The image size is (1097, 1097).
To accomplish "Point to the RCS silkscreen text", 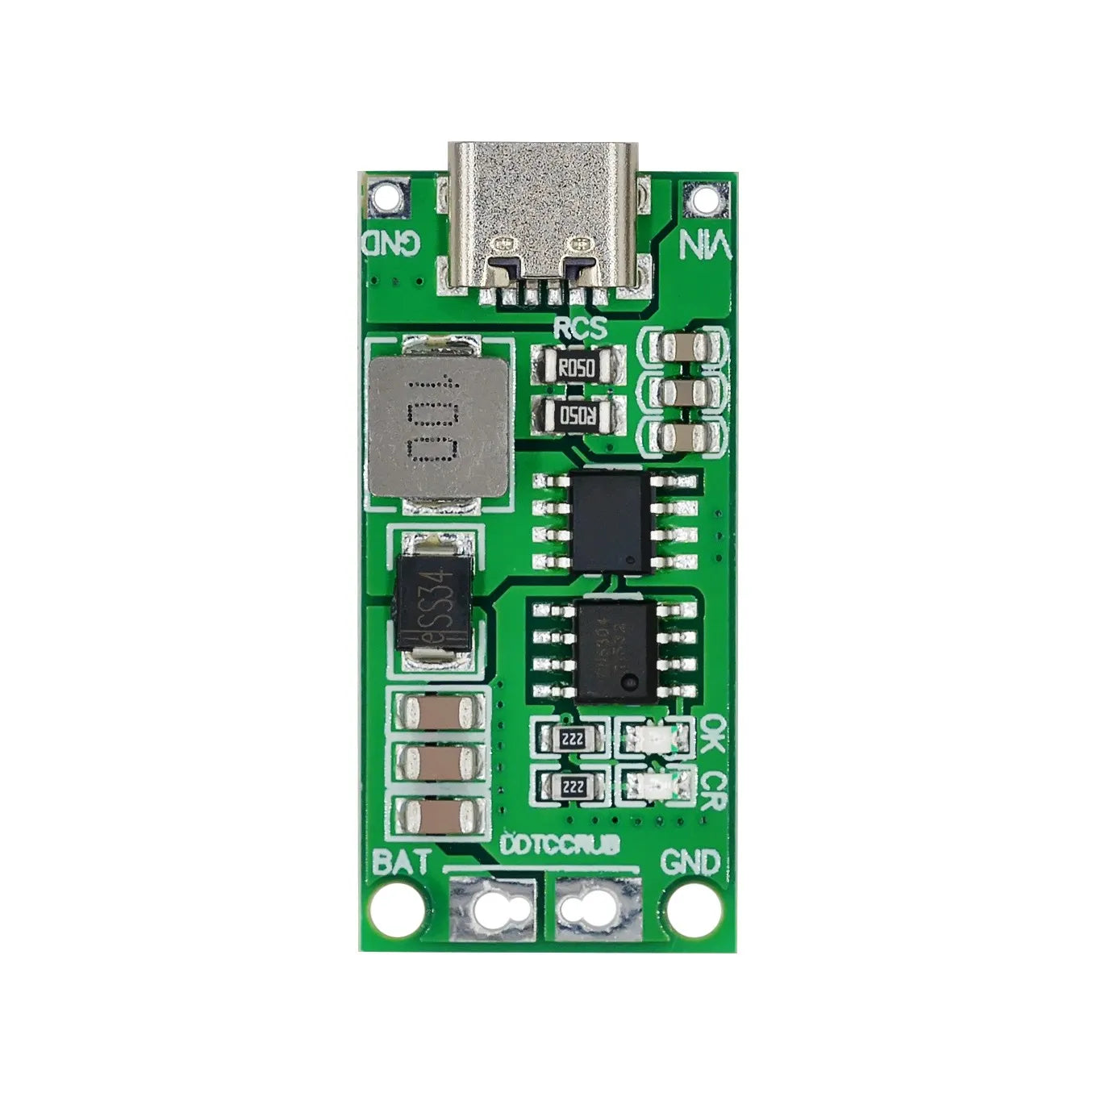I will pos(580,327).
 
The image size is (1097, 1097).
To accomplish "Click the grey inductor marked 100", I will pos(439,426).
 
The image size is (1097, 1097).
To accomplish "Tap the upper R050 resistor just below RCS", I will pos(578,369).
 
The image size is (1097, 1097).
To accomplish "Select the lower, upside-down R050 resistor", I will pos(578,416).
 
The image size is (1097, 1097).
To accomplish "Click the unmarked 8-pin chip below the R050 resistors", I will pos(611,522).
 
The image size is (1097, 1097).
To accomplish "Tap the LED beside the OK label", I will pos(654,737).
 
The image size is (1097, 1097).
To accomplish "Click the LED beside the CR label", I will pos(654,784).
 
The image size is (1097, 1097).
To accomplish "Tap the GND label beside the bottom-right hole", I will pos(690,861).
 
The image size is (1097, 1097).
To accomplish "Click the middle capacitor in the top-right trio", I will pos(683,393).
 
